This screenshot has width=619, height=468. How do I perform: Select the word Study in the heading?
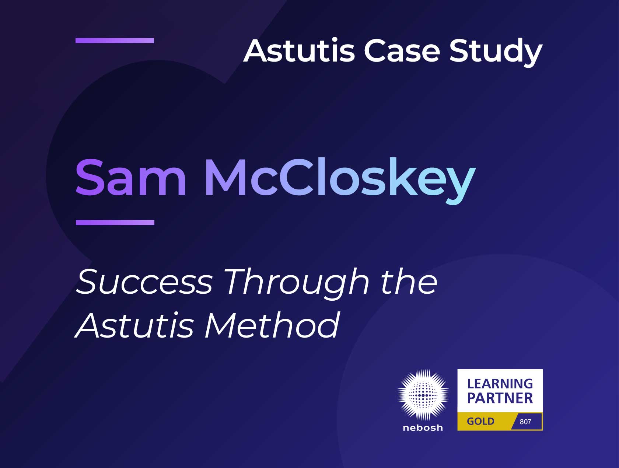[x=496, y=52]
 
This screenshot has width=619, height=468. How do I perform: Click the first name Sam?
[x=131, y=178]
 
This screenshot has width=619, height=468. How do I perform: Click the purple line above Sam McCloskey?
[x=115, y=41]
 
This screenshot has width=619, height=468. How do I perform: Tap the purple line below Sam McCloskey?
[x=115, y=222]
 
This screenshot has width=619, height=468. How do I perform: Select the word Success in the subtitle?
[x=144, y=282]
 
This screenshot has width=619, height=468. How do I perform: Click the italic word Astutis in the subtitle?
[x=135, y=325]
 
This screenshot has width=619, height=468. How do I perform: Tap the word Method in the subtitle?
[x=272, y=325]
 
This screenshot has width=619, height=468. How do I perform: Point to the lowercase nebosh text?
[x=423, y=428]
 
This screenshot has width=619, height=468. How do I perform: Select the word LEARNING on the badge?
[x=500, y=384]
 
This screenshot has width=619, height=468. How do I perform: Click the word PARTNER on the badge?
[x=500, y=398]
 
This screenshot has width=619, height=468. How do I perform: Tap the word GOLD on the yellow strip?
[x=480, y=421]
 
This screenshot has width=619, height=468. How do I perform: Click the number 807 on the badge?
[x=525, y=422]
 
